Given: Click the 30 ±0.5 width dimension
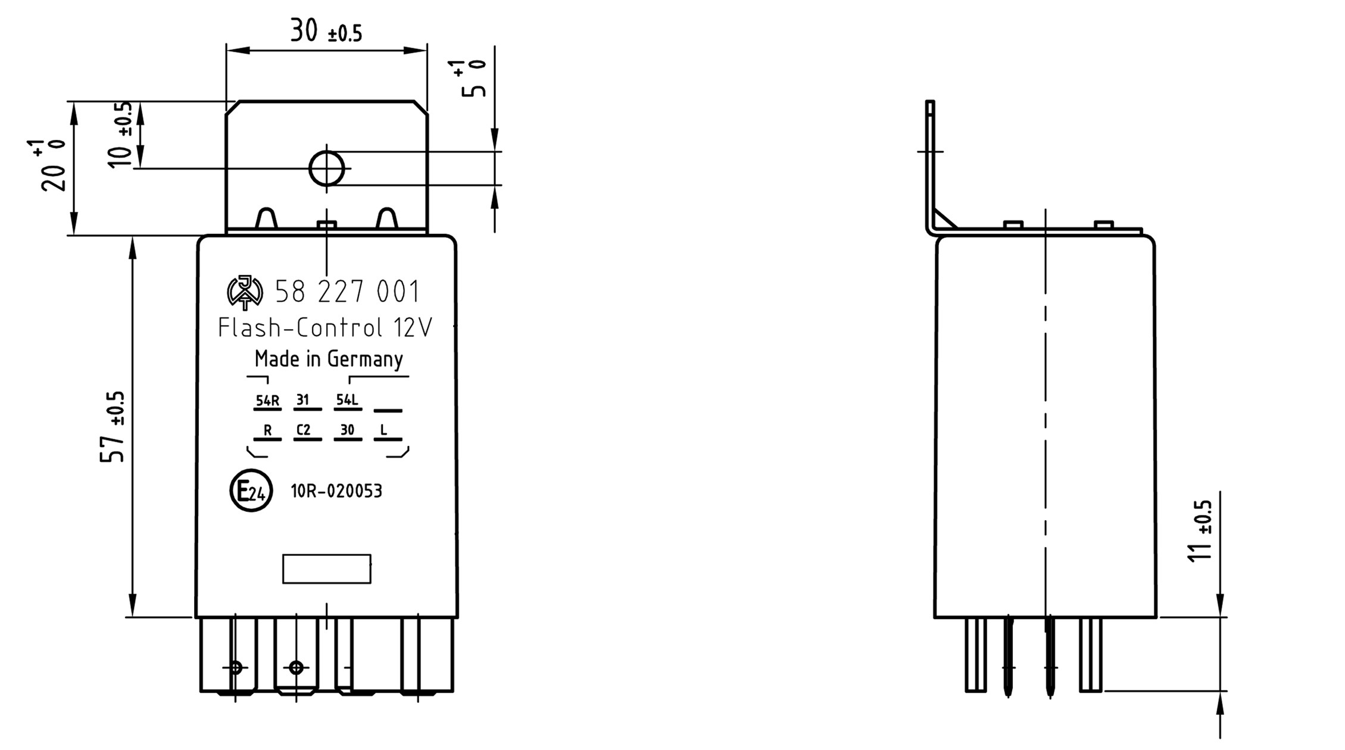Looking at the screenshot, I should (326, 31).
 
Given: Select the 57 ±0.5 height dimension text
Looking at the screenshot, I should (113, 426).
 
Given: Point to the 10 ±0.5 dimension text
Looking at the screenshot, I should (121, 135).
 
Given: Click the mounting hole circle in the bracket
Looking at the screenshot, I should (326, 168).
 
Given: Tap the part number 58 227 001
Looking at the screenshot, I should (348, 292).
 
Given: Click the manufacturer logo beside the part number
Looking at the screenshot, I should (245, 292).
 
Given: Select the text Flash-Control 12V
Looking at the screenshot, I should (325, 328).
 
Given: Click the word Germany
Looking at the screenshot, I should (364, 360).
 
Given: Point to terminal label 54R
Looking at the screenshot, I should (267, 401).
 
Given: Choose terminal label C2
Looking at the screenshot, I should (304, 430).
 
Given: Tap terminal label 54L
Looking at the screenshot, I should (347, 400).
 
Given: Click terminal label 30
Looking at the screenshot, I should (347, 430).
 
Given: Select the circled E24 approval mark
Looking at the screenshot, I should (251, 491).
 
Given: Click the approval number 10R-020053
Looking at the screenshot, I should (336, 492).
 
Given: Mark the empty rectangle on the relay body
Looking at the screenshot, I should (326, 568).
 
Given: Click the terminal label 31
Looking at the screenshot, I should (303, 400).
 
